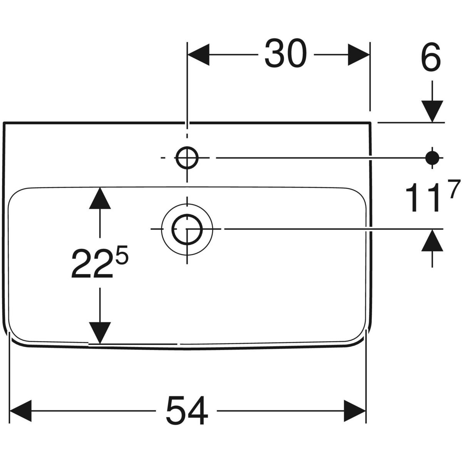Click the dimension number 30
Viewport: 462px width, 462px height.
click(286, 54)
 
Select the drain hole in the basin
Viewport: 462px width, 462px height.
click(187, 229)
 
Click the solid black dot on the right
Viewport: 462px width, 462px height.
click(432, 157)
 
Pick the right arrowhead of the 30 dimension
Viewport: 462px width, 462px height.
click(359, 55)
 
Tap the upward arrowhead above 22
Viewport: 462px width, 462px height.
click(100, 198)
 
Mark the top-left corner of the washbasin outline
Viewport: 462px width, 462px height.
click(4, 123)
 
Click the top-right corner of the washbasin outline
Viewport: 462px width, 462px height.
click(370, 123)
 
